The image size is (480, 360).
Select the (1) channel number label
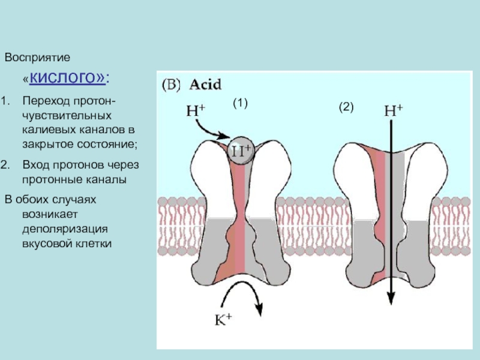(240, 104)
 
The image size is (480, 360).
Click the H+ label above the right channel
(393, 111)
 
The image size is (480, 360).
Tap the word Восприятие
(38, 58)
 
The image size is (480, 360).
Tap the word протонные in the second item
(48, 179)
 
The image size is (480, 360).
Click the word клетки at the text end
(94, 244)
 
